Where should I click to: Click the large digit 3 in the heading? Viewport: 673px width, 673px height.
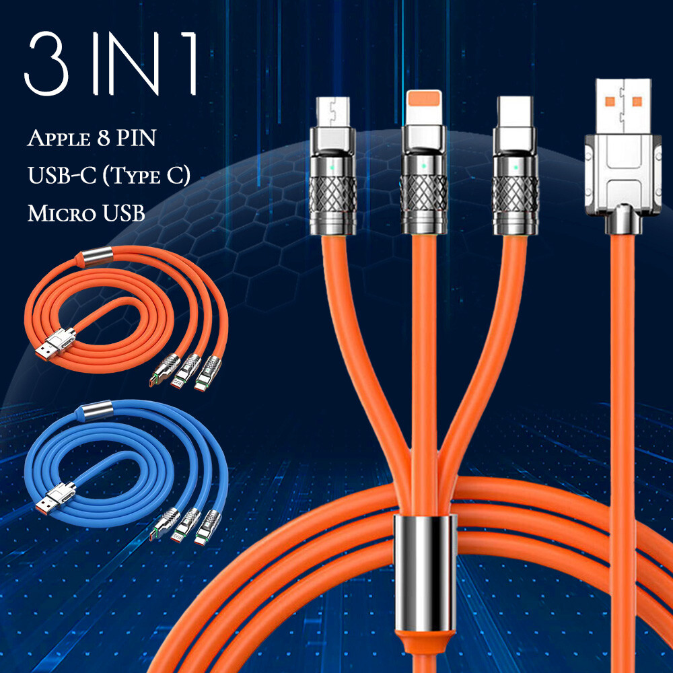47,63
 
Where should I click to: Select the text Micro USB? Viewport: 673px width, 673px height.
86,213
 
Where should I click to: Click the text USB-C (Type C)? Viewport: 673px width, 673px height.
109,175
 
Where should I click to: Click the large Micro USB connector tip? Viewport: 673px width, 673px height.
333,112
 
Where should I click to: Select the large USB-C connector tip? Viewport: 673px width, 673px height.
515,112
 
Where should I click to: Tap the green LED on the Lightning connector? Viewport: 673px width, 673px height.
424,166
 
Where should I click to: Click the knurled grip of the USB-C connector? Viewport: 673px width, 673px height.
515,194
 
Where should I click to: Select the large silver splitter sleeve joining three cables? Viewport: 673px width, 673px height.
425,573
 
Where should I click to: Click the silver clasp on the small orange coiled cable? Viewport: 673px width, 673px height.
97,256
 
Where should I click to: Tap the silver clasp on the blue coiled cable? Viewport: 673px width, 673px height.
97,410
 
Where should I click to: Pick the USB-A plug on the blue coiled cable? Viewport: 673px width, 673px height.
55,499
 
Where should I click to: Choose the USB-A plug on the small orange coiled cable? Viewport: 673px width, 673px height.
55,345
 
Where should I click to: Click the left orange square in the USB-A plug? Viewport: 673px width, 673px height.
610,102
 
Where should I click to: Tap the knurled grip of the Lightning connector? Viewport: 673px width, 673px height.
424,192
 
